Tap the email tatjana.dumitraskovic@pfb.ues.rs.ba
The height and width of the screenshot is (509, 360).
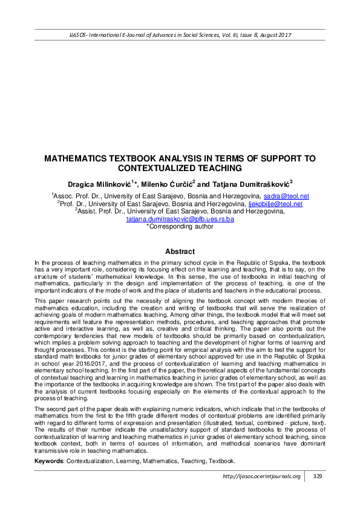(x=180, y=219)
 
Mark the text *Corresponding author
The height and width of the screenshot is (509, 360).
(x=180, y=227)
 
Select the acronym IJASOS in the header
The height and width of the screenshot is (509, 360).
(x=79, y=35)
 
